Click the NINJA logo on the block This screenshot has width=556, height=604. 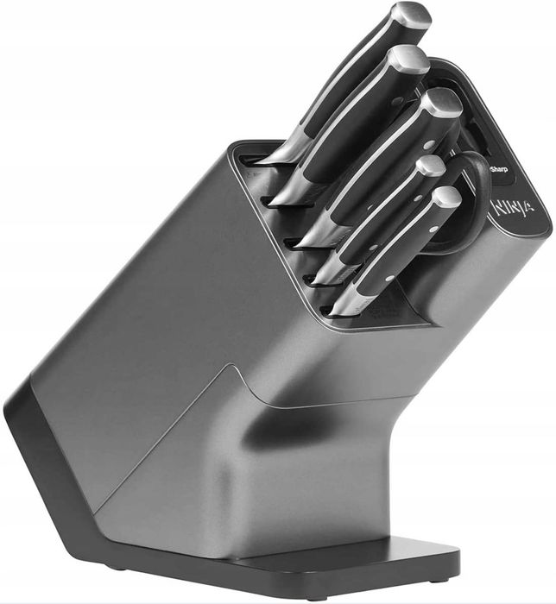click(514, 209)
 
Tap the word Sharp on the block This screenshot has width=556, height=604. click(498, 169)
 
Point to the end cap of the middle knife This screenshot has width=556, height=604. click(443, 103)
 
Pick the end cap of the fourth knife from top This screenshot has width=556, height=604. click(431, 165)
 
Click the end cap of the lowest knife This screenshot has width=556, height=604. click(447, 198)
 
